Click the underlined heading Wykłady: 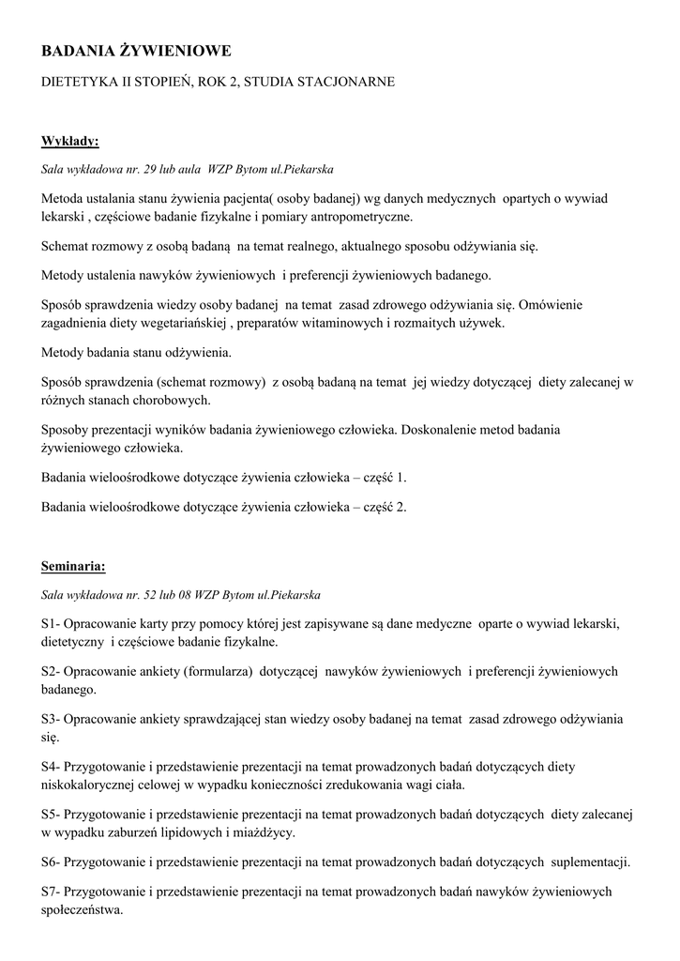click(70, 142)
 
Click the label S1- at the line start click(52, 624)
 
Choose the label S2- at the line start click(52, 672)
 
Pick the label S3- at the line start click(52, 719)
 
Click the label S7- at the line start click(52, 891)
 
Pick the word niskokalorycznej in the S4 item click(89, 786)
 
